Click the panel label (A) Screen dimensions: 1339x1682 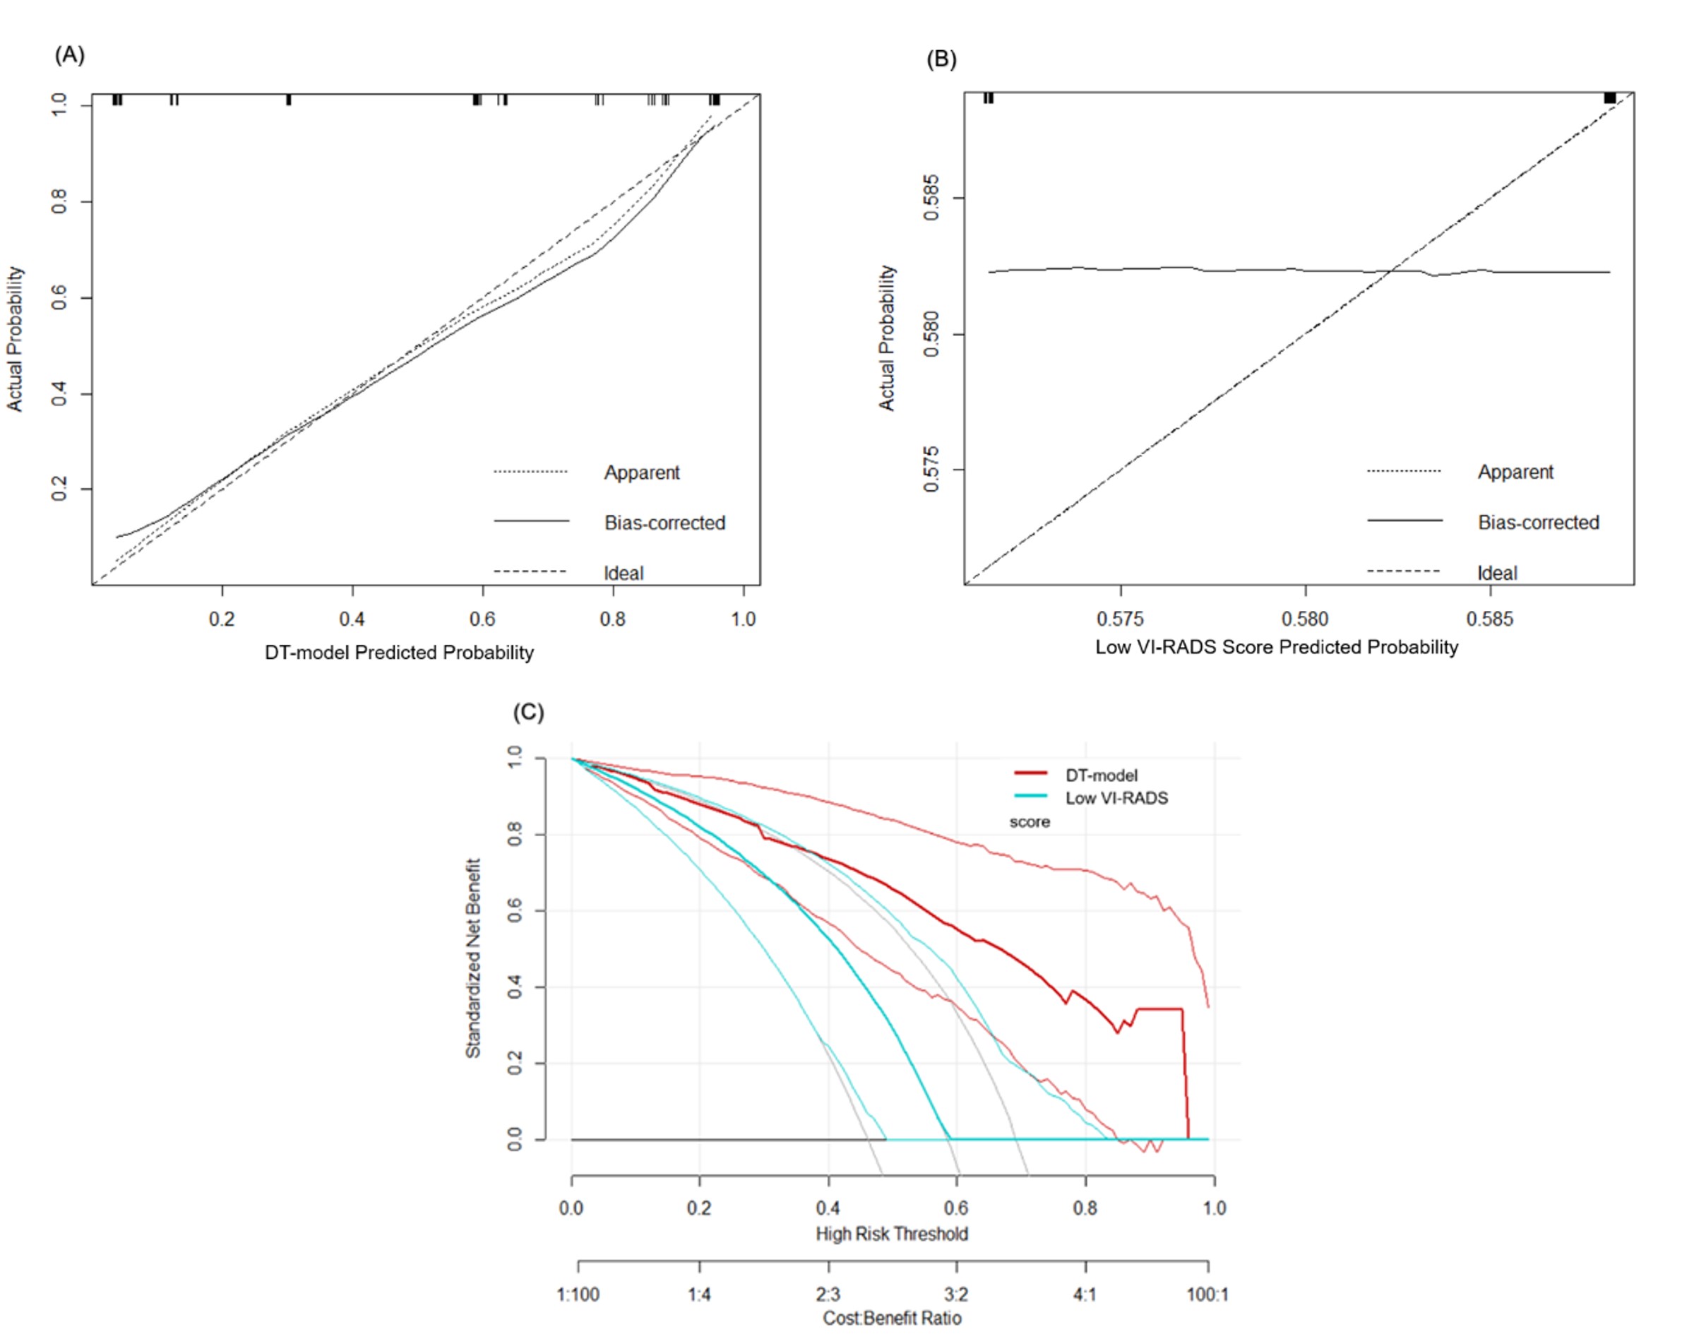coord(69,55)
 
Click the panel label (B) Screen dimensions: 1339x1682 coord(941,59)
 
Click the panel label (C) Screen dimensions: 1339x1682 coord(528,713)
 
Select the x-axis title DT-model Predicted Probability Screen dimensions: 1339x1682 coord(399,653)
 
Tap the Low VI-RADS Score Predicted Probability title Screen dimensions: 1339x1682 coord(1276,647)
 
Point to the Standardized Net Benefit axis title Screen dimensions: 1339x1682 coord(473,958)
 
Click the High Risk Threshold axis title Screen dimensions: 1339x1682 coord(892,1234)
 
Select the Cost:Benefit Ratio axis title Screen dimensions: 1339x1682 coord(892,1318)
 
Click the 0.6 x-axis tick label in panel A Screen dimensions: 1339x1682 coord(482,619)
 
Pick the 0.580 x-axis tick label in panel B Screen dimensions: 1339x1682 coord(1304,619)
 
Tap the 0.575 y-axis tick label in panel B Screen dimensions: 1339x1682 coord(931,470)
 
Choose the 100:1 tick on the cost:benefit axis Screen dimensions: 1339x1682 coord(1207,1295)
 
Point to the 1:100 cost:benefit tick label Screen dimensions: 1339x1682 coord(578,1295)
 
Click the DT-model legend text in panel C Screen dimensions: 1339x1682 coord(1101,775)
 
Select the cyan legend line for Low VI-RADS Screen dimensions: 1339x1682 coord(1030,796)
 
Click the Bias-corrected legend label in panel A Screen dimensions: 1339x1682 coord(664,523)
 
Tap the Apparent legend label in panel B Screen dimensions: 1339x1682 coord(1515,472)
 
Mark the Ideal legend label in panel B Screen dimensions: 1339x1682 coord(1497,573)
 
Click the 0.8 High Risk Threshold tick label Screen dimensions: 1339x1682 coord(1085,1208)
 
